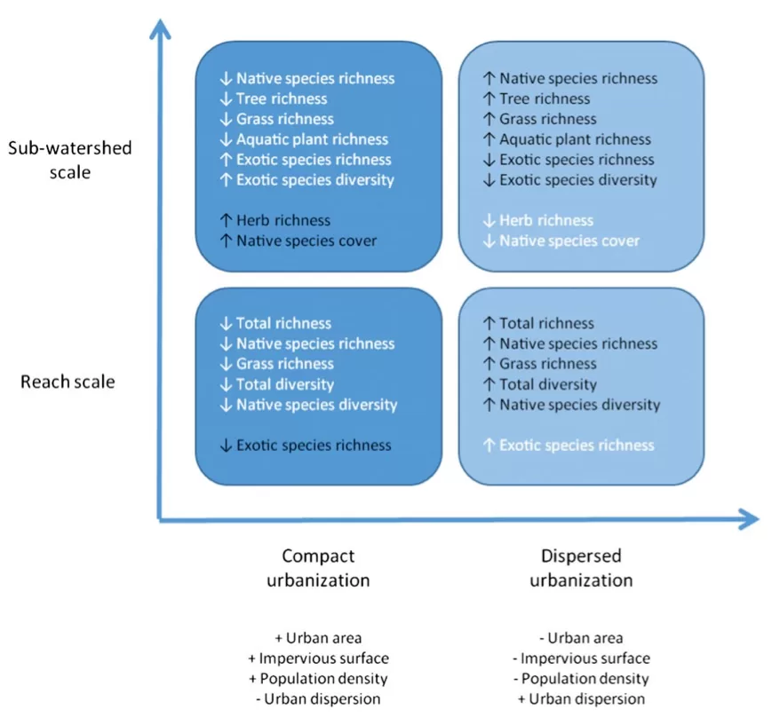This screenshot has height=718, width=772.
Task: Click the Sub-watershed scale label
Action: [69, 159]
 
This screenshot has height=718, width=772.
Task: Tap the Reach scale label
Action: [68, 382]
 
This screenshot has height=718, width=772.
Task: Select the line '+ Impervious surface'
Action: [318, 658]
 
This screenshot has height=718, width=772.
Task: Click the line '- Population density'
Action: [581, 678]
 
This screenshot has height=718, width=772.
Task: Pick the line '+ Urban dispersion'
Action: [581, 698]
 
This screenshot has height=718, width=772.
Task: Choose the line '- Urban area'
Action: [581, 637]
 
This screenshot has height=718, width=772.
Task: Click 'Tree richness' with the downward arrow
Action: [274, 99]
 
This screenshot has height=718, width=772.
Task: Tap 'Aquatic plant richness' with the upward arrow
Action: [567, 139]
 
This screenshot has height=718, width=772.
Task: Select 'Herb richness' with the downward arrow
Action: [538, 220]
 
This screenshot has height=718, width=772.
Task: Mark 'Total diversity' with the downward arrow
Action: [277, 384]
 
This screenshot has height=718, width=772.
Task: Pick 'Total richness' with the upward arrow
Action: [538, 323]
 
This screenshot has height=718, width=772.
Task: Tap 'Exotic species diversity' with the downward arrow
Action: [569, 180]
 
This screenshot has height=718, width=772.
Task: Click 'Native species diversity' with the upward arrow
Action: [571, 405]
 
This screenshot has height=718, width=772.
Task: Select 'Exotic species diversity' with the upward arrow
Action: [306, 180]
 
